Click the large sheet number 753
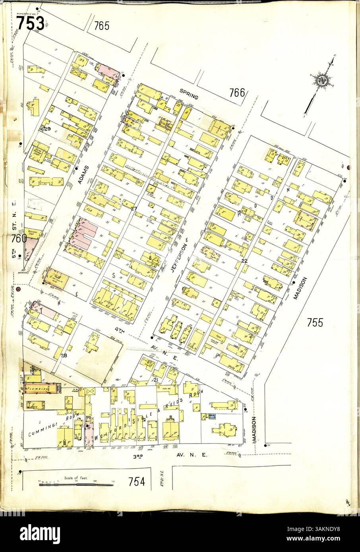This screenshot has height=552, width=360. (x=30, y=23)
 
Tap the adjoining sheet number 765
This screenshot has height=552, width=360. (x=101, y=26)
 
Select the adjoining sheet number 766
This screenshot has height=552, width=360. (x=237, y=93)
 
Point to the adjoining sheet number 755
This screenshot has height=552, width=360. (x=315, y=322)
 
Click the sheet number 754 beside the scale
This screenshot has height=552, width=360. (x=136, y=482)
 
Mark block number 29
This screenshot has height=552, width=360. (x=48, y=129)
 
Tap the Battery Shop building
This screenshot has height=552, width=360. (x=33, y=231)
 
